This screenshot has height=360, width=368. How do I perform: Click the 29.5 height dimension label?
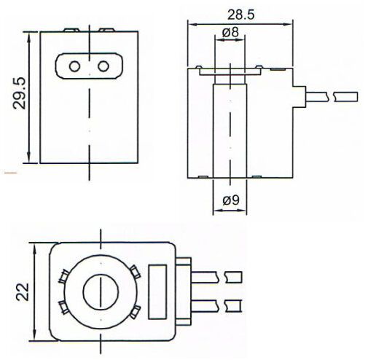coord(20,93)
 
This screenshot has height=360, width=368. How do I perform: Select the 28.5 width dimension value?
coord(240,15)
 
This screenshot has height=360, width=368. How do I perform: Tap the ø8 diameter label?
coord(230,32)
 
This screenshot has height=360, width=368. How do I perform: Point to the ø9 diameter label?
coord(231,200)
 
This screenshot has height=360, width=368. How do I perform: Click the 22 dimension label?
coord(23,291)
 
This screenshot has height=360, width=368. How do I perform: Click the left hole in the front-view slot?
coord(74,66)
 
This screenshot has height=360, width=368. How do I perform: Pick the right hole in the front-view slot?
coord(103,66)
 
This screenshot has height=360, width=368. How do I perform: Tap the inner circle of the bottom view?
coord(101,291)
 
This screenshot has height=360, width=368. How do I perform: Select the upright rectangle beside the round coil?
coord(157,291)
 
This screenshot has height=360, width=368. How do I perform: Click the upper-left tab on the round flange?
coord(64,276)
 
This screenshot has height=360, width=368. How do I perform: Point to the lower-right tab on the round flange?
coord(135,312)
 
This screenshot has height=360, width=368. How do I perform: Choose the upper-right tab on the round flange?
coord(135,272)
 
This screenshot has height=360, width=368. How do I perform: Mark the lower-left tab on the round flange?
coord(63,308)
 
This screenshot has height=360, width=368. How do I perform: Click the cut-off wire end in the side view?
coord(345,97)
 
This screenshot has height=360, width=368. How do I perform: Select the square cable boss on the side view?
coord(300,97)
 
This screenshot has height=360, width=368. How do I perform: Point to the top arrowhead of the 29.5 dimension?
coord(29,36)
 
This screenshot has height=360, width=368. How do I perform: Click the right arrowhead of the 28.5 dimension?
coord(288,24)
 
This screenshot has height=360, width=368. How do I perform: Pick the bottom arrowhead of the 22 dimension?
coord(35,337)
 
